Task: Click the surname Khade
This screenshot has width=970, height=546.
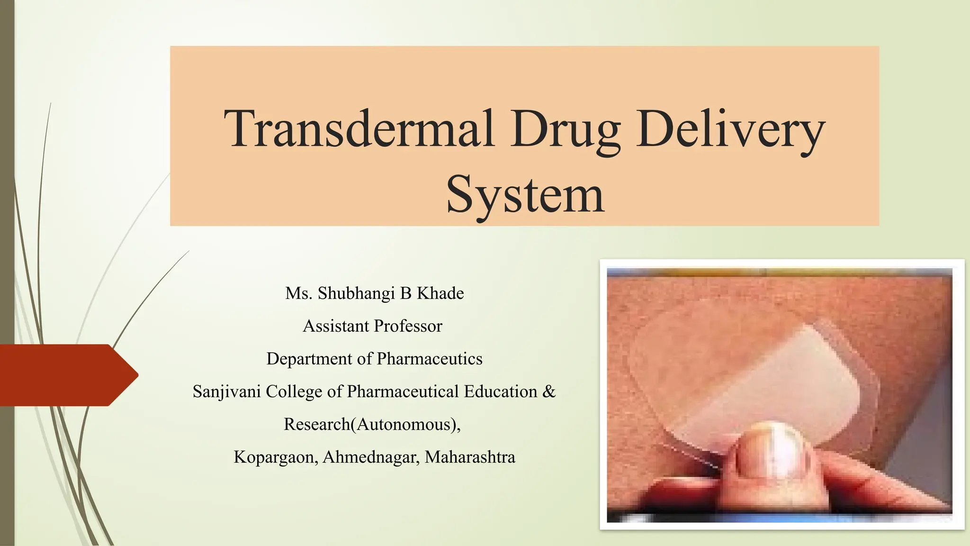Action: click(440, 293)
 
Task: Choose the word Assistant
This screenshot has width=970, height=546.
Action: click(336, 326)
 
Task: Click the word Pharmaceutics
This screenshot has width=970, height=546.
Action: click(430, 359)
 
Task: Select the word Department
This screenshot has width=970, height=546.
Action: click(310, 359)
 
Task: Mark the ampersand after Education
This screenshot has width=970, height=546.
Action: click(549, 391)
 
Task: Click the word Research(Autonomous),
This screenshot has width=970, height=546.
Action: click(372, 424)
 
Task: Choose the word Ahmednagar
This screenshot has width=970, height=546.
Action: click(371, 457)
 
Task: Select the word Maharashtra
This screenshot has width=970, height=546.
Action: click(470, 457)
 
